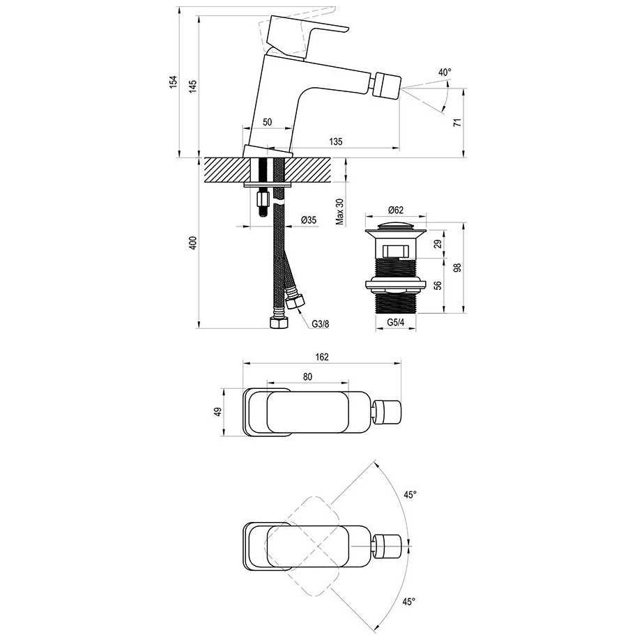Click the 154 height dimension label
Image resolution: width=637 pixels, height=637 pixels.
174,82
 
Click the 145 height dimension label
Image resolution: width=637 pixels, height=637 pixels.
192,86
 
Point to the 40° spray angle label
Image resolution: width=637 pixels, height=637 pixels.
445,72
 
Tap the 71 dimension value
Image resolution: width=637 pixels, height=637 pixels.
457,122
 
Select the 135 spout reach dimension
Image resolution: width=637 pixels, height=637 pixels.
335,141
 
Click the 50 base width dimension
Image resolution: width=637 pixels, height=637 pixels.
268,122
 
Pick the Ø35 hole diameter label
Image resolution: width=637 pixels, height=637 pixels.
309,220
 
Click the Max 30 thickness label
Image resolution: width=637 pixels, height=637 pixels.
339,212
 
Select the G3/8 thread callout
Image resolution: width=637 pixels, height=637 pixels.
321,324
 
